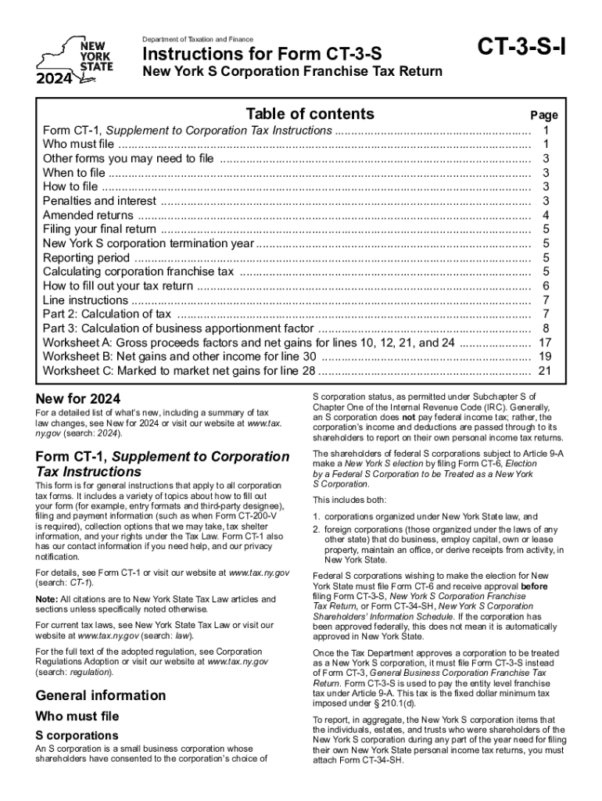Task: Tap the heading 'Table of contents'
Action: point(310,114)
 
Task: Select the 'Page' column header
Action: point(544,115)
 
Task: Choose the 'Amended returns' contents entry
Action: point(88,215)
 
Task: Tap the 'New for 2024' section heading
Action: point(78,399)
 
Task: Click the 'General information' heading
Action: point(101,695)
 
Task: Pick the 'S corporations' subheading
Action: point(77,735)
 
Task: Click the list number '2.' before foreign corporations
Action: point(317,530)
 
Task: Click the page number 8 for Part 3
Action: point(546,329)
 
